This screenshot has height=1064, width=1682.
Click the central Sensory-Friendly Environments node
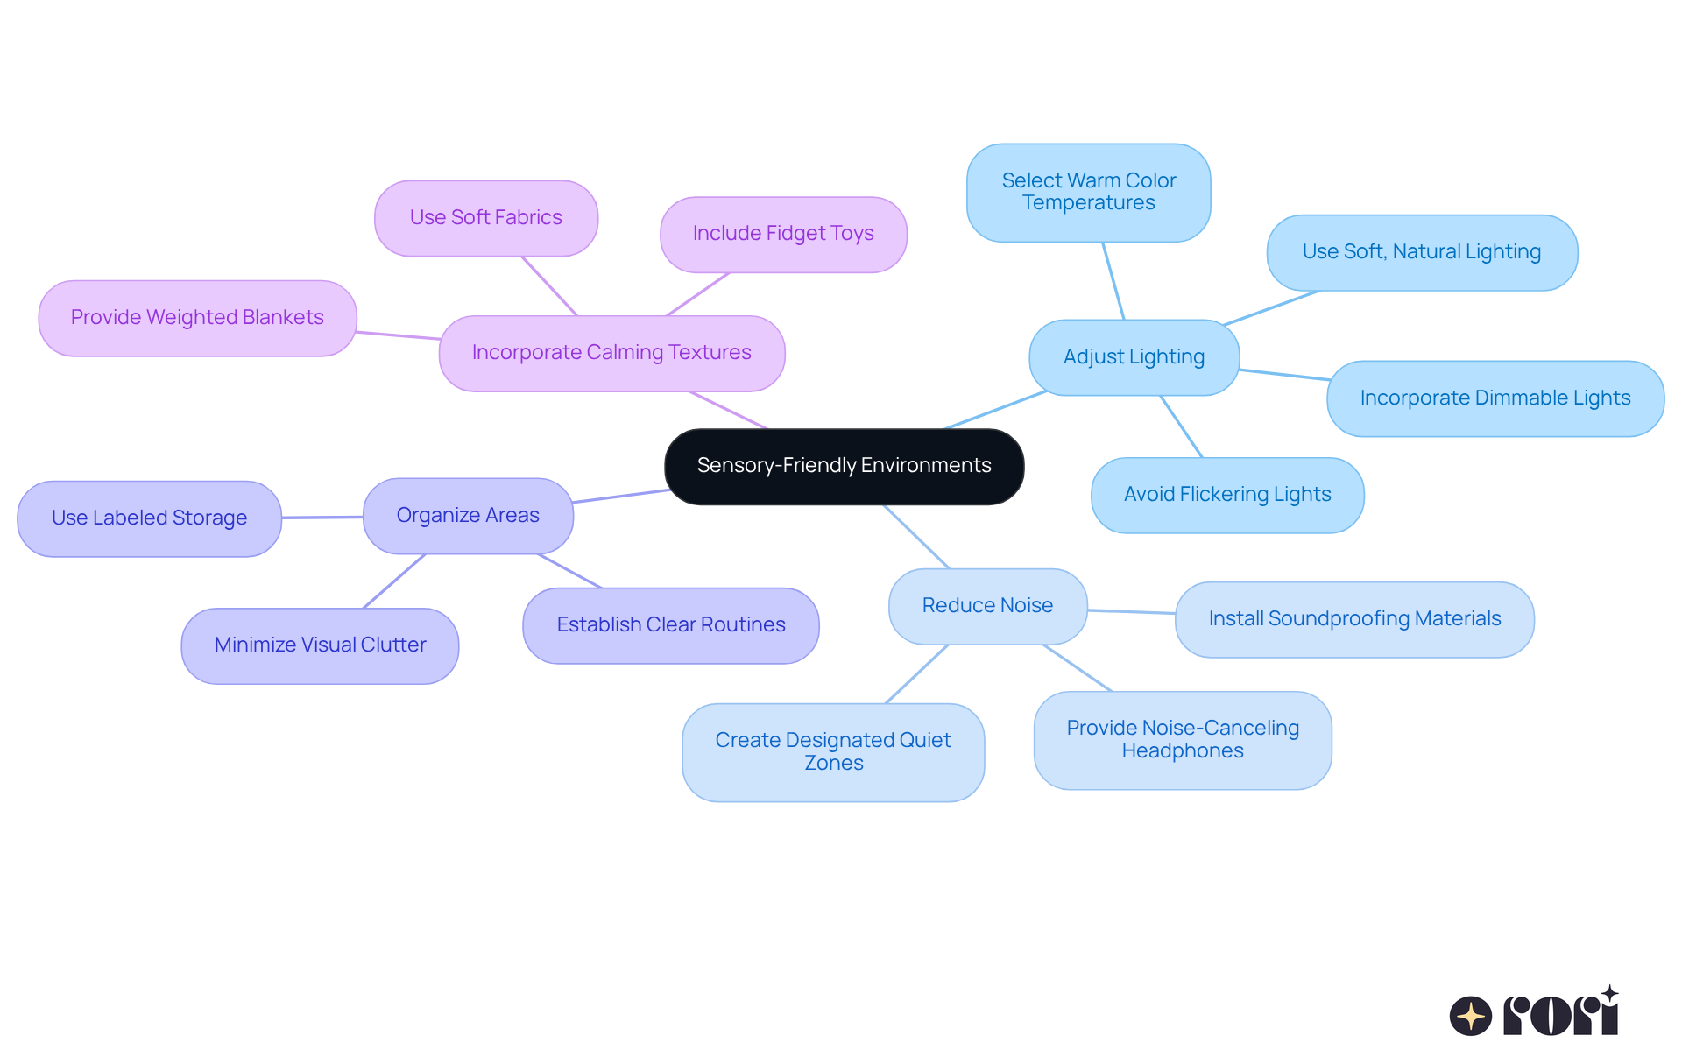844,466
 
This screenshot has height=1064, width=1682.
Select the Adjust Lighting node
1134,357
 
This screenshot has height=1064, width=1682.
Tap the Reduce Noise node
987,606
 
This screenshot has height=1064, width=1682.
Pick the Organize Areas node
468,516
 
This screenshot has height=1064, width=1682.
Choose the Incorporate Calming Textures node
611,353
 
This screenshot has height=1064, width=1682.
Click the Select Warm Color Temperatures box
1088,193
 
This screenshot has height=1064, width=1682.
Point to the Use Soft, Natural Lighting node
1421,252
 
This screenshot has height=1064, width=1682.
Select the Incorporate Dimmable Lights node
1495,398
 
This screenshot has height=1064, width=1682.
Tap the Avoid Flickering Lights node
1226,495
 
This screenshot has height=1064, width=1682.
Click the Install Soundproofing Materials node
1354,619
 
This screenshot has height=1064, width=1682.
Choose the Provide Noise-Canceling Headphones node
1182,740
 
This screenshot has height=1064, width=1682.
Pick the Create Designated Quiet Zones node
833,752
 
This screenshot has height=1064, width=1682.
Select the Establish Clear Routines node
670,625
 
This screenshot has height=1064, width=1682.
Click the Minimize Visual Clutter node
320,645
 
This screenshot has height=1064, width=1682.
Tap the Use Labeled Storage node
149,518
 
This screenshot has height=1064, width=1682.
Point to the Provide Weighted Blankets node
197,318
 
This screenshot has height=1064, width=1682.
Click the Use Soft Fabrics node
485,218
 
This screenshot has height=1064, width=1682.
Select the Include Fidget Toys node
783,234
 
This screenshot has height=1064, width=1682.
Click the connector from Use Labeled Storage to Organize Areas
322,518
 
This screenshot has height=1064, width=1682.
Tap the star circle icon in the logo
1470,1016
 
